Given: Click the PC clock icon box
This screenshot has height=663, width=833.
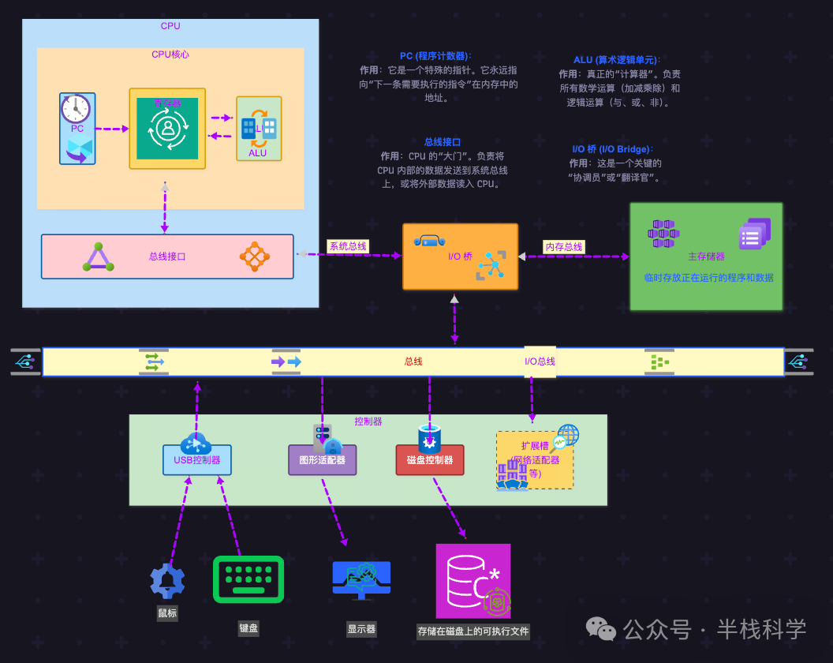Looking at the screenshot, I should point(77,129).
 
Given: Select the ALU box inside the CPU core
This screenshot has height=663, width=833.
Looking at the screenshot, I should point(259,129).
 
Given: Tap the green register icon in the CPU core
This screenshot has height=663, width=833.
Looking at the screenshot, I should point(167,129).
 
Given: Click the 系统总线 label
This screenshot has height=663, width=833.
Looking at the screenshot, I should point(348,246).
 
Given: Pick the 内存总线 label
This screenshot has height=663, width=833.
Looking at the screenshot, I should point(564,246).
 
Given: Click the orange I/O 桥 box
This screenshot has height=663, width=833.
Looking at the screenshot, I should point(460,256).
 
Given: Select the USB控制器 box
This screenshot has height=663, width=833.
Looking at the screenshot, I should point(197,459).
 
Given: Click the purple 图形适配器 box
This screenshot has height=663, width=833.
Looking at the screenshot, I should point(322,459).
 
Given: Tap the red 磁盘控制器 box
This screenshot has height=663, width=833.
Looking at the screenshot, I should point(430,459).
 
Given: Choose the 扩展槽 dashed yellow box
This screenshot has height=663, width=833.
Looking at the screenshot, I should point(535,460).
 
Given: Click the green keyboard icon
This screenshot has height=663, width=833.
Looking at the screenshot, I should point(248,579).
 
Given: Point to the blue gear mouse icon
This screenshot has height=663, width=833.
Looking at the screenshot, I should point(167,581).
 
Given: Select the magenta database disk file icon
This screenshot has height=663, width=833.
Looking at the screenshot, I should point(473,580).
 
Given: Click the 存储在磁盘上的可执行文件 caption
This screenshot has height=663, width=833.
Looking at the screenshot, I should point(473,631).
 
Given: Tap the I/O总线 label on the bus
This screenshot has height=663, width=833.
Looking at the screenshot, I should point(540,361).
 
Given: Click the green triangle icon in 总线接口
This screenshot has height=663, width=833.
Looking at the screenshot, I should point(99,257).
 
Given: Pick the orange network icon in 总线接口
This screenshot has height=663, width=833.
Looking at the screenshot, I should point(254,257).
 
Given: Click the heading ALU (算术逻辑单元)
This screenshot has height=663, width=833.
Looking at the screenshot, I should point(617,60).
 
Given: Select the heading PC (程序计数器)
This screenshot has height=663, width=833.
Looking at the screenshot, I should point(435,56).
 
